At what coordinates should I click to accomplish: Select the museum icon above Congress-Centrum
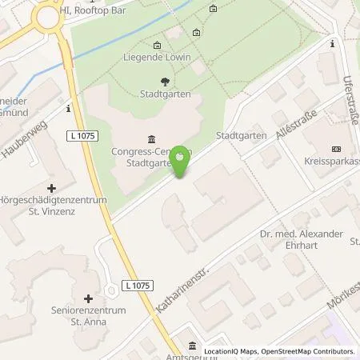[152, 138]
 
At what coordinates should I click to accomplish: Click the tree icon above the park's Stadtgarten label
[165, 81]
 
